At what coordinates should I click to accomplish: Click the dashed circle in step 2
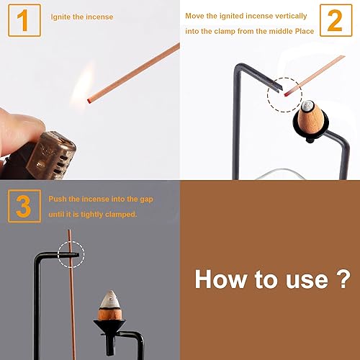pos(284,95)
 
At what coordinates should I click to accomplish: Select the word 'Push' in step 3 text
pos(58,197)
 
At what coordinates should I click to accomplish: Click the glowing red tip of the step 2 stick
pos(288,91)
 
